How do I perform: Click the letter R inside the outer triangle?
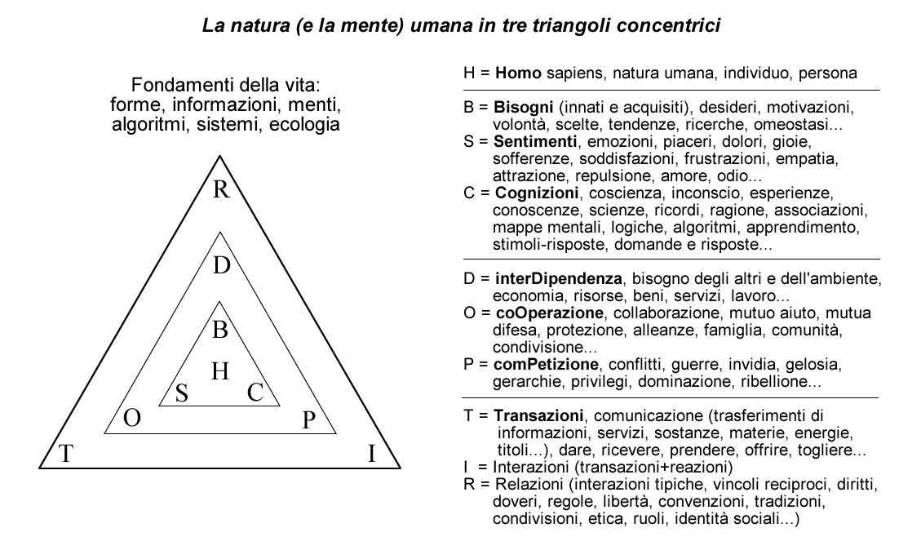tap(221, 190)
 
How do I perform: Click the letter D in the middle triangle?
tap(221, 266)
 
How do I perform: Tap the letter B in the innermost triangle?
tap(220, 331)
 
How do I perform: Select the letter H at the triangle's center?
tap(220, 371)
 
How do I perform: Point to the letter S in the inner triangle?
tap(183, 393)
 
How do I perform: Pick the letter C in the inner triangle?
tap(255, 393)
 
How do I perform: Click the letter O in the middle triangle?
tap(131, 419)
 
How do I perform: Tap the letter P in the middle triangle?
tap(308, 420)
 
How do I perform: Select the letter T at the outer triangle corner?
tap(66, 454)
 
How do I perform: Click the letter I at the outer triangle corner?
tap(371, 454)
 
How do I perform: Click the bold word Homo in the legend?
tap(518, 73)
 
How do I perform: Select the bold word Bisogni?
tap(521, 107)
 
